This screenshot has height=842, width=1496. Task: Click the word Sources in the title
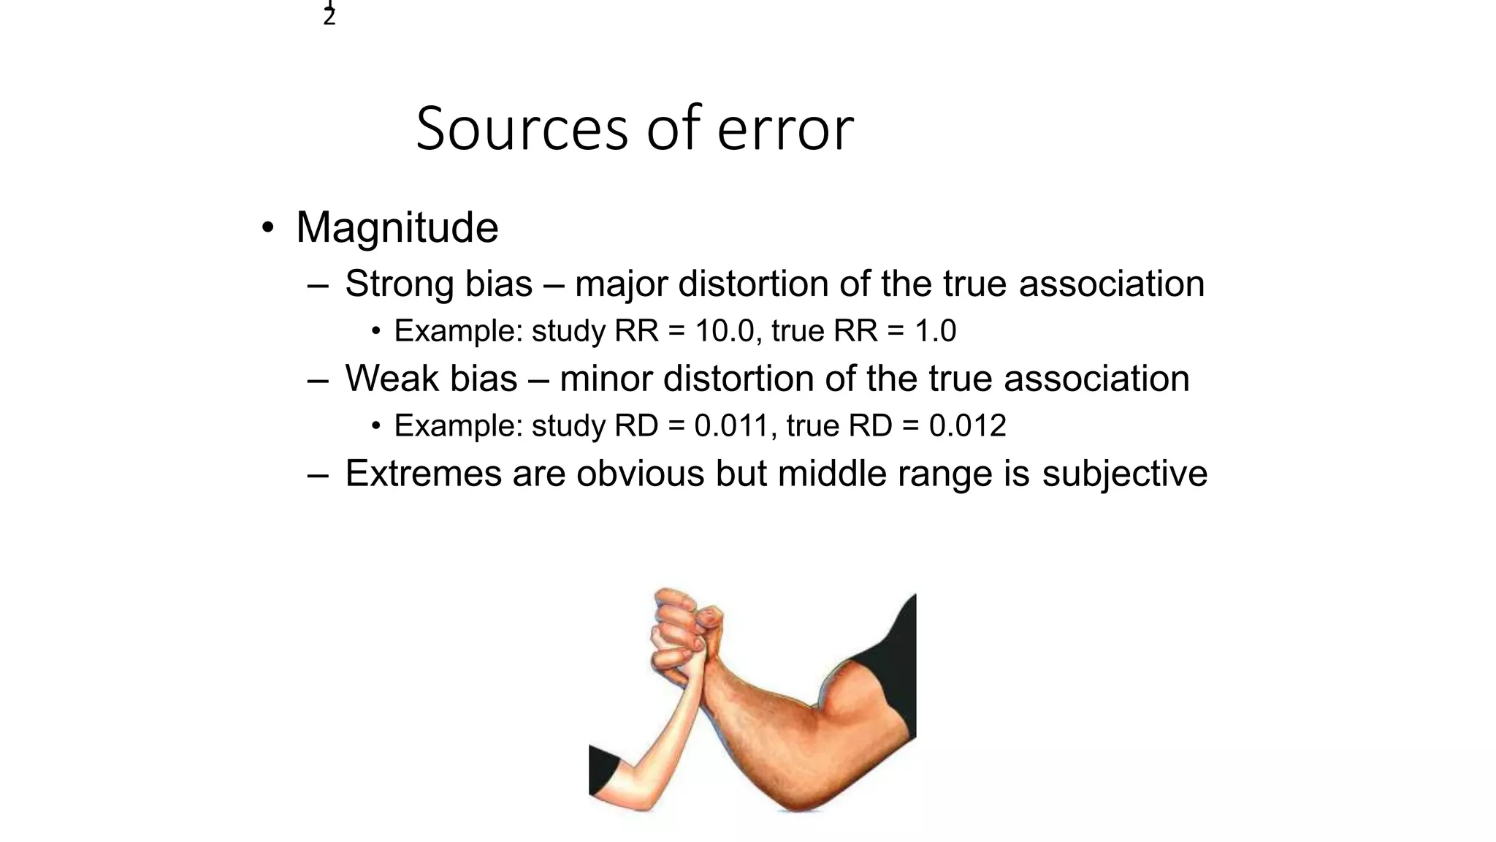522,129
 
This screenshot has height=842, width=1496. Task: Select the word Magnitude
397,227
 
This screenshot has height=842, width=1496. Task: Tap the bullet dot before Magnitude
268,227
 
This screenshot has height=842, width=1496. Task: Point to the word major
621,284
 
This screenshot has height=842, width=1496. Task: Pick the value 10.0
724,331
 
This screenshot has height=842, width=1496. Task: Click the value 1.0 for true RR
935,331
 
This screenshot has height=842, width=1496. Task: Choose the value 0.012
967,426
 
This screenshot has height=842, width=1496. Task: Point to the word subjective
1124,474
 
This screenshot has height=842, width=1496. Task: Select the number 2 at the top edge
329,17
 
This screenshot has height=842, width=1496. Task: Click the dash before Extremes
318,474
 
